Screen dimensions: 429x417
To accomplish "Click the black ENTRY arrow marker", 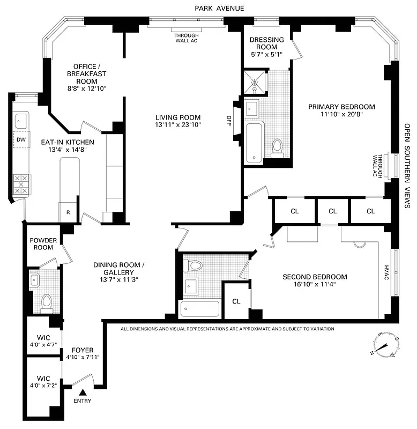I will pos(83,393).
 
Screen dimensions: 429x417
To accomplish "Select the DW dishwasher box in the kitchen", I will pos(21,140).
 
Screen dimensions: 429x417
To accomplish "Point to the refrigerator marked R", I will pos(68,212).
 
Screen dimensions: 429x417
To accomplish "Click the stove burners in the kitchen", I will pos(22,185).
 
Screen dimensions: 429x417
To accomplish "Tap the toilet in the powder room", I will pos(47,302).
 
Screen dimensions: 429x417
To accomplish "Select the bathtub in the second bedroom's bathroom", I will pos(200,309).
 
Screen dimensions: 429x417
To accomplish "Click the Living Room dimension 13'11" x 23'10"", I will pos(178,125).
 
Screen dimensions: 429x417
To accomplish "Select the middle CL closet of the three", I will pos(332,211).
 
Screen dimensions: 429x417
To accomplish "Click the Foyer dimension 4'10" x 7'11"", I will pos(83,357).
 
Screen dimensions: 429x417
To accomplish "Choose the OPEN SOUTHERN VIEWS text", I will pos(407,166).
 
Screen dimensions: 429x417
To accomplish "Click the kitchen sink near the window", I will pos(21,119).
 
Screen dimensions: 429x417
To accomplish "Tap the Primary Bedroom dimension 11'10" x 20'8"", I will pos(341,114).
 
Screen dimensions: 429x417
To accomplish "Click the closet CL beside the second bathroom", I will pos(236,301).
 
